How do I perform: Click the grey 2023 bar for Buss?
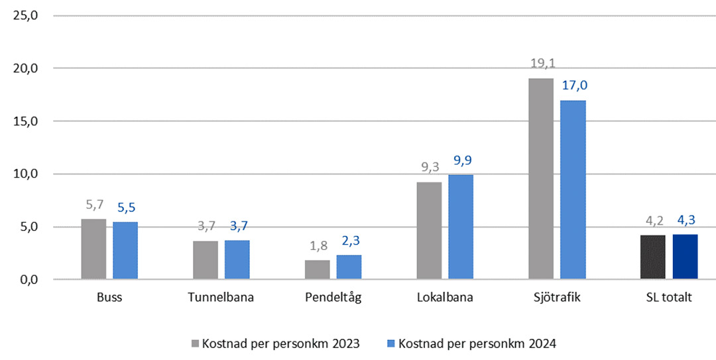(93, 249)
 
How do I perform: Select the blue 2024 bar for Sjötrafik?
(573, 190)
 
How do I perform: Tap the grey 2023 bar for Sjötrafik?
(541, 179)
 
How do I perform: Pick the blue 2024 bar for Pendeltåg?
(349, 267)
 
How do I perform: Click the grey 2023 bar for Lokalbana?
(429, 231)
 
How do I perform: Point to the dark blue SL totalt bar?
(685, 257)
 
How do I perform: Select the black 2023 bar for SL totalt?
(653, 257)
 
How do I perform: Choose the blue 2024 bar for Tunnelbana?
(237, 260)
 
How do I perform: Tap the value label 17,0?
(574, 85)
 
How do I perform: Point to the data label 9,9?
(461, 160)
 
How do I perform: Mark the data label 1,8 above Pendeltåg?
(317, 246)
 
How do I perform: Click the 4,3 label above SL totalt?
(686, 220)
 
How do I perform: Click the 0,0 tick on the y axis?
(28, 280)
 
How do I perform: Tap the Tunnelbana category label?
(221, 298)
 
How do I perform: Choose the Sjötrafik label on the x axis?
(557, 298)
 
